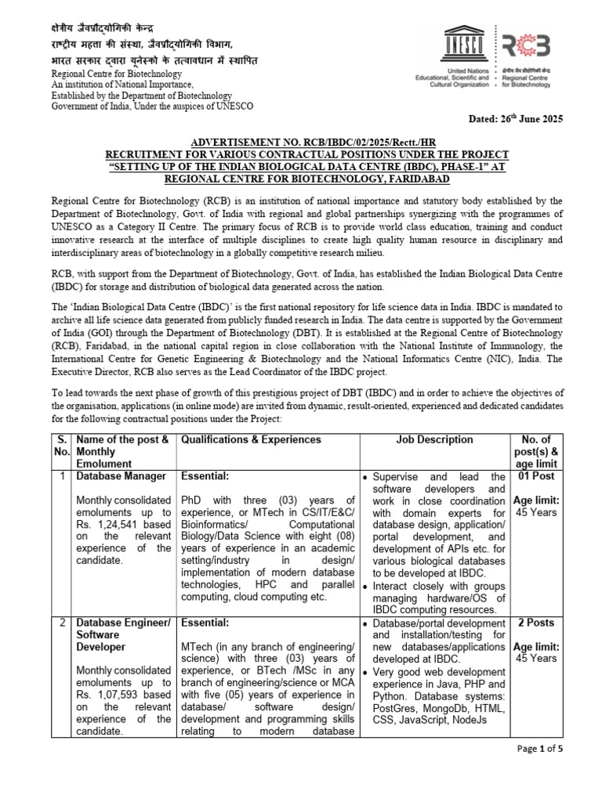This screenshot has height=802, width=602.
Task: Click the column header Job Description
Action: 434,440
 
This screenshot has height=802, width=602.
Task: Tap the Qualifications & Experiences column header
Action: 251,440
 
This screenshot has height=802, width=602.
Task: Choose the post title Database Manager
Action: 120,476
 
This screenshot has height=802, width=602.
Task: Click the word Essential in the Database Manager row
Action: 205,476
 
